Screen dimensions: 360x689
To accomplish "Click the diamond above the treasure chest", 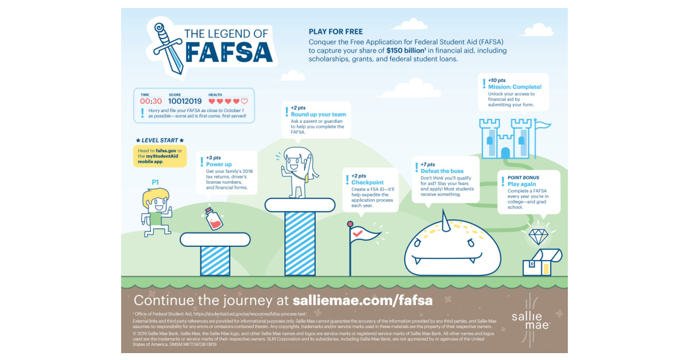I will [x=539, y=237].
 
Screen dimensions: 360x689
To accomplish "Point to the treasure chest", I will [x=541, y=263].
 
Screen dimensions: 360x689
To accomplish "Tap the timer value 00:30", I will [x=151, y=101].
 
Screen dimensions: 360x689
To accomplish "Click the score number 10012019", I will [x=185, y=101].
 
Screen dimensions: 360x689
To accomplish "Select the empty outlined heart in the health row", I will [x=244, y=101].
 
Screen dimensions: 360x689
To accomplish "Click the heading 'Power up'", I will [x=218, y=164].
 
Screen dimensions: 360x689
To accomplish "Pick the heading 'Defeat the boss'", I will [x=442, y=171].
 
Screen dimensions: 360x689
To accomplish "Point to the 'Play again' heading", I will [x=521, y=184].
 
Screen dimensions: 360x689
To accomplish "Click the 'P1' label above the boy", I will [x=155, y=182].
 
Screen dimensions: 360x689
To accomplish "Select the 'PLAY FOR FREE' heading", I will [x=336, y=32].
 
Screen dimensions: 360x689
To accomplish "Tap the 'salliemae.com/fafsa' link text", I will [x=362, y=300].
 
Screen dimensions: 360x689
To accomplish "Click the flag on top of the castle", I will [x=543, y=125].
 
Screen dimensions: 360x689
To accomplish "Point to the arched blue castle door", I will [x=505, y=153].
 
